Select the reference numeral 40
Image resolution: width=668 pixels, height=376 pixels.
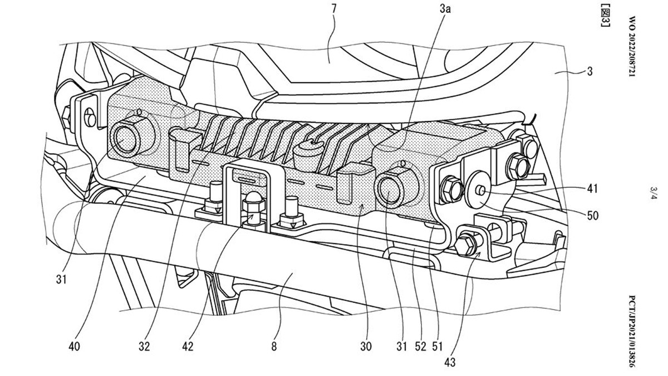click(75, 347)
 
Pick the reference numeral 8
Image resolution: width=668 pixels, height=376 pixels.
click(273, 347)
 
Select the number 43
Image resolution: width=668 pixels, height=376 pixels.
click(450, 363)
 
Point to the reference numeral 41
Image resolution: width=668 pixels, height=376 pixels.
click(592, 189)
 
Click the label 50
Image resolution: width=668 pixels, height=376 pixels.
click(592, 214)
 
